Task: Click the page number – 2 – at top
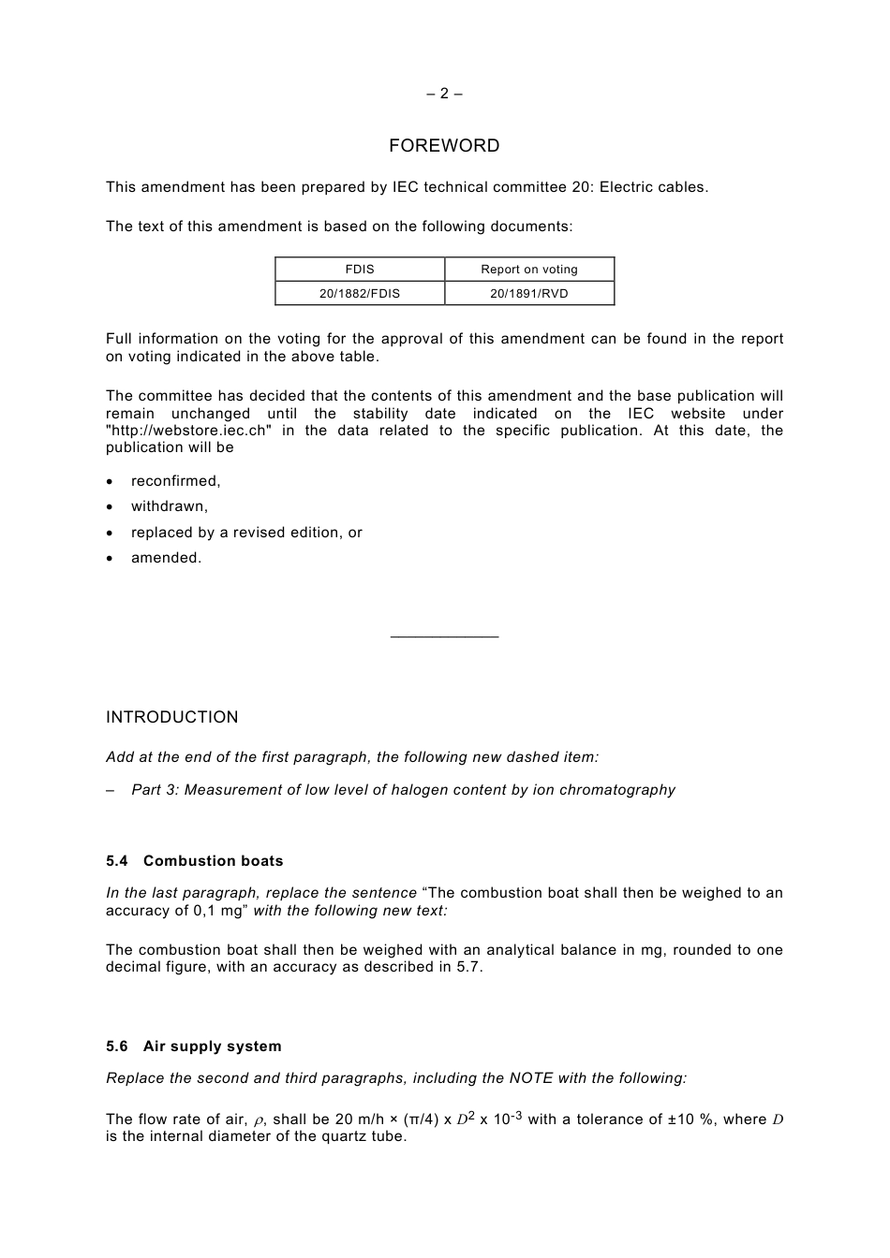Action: (444, 94)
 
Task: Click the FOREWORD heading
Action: (444, 146)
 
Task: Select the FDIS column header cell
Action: (360, 270)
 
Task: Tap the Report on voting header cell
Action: (529, 270)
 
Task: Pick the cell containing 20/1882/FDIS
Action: (360, 294)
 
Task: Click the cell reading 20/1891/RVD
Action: (529, 294)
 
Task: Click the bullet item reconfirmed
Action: (176, 481)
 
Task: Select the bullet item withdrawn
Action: (170, 506)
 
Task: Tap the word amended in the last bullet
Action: (166, 558)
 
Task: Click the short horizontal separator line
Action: (444, 637)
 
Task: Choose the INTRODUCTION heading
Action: (172, 718)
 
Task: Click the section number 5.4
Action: (117, 861)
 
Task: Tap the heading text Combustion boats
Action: (213, 861)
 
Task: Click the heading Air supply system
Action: (212, 1046)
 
